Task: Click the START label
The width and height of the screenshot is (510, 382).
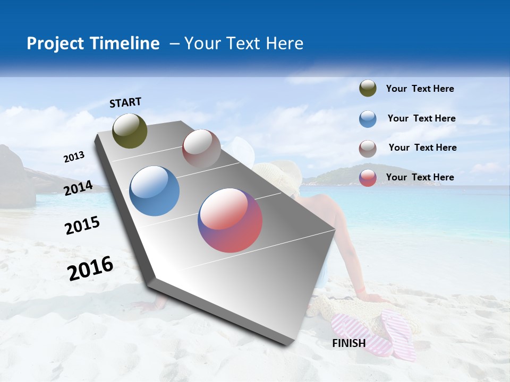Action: (125, 102)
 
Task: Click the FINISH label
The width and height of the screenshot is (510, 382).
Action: (348, 343)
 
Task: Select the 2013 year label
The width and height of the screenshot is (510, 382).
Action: (74, 157)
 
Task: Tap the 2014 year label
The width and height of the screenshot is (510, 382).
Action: (79, 188)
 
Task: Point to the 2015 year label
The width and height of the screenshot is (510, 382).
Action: (82, 225)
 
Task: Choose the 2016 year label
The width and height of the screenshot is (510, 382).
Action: (90, 268)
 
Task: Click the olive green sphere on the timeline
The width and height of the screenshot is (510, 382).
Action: (130, 131)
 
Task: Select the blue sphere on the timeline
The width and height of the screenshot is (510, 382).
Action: (155, 191)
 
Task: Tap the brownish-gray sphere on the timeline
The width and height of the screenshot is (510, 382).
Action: (201, 149)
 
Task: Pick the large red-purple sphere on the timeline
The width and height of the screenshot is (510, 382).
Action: (230, 220)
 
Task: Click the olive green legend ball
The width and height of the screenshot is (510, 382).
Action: (368, 89)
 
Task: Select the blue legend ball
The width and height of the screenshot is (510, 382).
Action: (368, 119)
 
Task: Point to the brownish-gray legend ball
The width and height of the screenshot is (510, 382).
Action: (368, 149)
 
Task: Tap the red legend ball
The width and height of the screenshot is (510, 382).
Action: (368, 178)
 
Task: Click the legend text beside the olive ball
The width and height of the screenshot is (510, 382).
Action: (420, 89)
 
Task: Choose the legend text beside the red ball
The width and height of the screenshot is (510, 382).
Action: (420, 177)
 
